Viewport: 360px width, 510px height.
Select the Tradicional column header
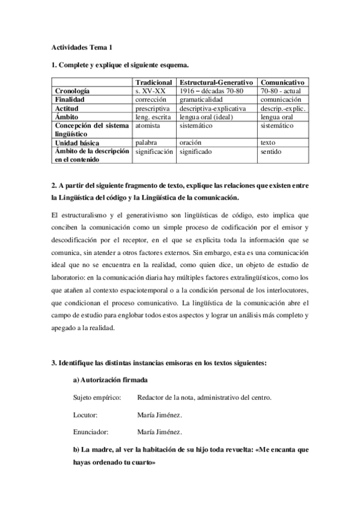click(154, 82)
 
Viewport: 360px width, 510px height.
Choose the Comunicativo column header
click(282, 82)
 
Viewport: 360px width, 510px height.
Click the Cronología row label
click(73, 90)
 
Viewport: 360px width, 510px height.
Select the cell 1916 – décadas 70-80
click(210, 90)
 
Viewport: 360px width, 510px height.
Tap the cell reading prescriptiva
click(154, 108)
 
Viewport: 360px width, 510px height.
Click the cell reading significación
click(154, 152)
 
